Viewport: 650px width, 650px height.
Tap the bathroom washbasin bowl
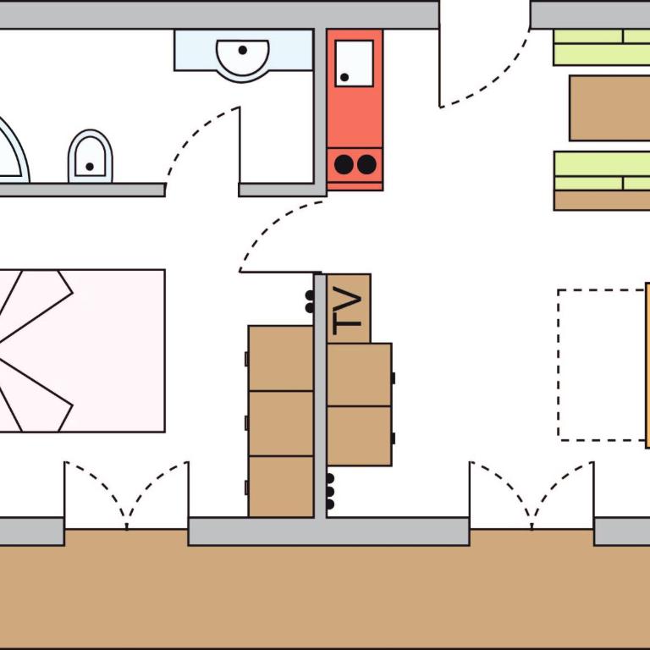(243, 59)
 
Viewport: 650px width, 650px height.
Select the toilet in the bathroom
(90, 157)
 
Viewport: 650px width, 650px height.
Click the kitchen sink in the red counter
(354, 63)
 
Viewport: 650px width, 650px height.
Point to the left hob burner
(344, 164)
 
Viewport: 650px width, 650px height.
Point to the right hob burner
(366, 164)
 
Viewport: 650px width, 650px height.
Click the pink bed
(82, 350)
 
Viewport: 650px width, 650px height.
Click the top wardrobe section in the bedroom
(281, 358)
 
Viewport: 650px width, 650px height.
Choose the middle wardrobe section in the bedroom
(281, 423)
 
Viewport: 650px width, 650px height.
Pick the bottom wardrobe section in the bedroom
(281, 487)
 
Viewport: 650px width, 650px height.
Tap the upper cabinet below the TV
(359, 375)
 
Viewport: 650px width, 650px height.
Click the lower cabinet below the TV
(359, 436)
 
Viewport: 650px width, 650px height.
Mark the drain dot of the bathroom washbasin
(243, 50)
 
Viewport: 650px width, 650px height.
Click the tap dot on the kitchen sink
(344, 77)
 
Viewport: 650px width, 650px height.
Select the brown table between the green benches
(609, 108)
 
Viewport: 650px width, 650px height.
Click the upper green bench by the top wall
(602, 47)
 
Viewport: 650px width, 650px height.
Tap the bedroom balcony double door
(126, 495)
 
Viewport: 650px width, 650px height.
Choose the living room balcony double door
(532, 495)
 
